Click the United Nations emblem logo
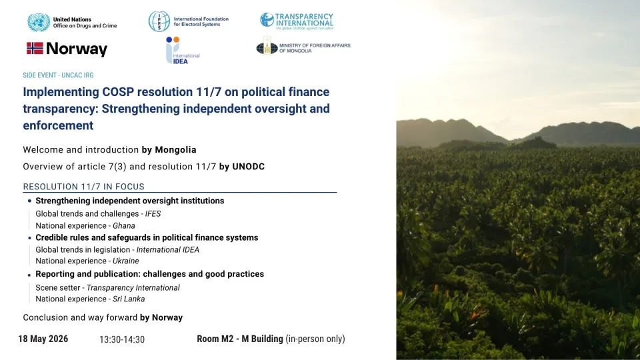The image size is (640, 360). (39, 22)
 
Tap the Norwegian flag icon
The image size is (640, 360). (35, 48)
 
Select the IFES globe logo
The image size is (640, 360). (159, 21)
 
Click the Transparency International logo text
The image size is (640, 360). (304, 21)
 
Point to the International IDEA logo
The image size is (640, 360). (182, 50)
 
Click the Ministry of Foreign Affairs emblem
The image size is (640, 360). (267, 46)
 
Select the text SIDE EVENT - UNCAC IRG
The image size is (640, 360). (59, 75)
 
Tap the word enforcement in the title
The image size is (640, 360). (59, 125)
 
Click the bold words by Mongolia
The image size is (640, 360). (169, 150)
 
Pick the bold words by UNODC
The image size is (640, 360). (242, 167)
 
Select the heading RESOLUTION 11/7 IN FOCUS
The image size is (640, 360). (84, 187)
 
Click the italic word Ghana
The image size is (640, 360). (124, 226)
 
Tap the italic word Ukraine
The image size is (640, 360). (126, 261)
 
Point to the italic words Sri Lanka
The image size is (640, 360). (129, 299)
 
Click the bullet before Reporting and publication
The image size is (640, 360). (29, 275)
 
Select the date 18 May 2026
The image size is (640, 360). (43, 339)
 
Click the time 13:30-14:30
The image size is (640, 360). (122, 339)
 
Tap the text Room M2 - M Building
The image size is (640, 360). (240, 339)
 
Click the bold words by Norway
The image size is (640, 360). (161, 317)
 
